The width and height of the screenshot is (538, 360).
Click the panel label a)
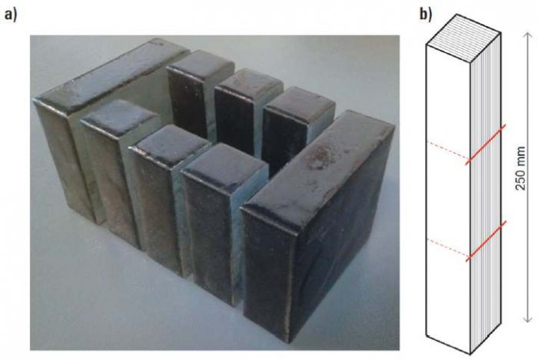(10, 16)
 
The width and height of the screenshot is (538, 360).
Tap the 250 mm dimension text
(520, 168)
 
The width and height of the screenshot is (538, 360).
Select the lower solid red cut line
(486, 241)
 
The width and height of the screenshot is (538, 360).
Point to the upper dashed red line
(448, 149)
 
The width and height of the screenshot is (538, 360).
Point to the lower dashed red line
(448, 247)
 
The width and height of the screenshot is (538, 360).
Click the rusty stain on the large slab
(320, 158)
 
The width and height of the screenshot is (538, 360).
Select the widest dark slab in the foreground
(317, 227)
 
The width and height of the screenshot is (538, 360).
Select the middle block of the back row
(245, 110)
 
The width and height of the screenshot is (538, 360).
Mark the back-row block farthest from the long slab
(295, 131)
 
